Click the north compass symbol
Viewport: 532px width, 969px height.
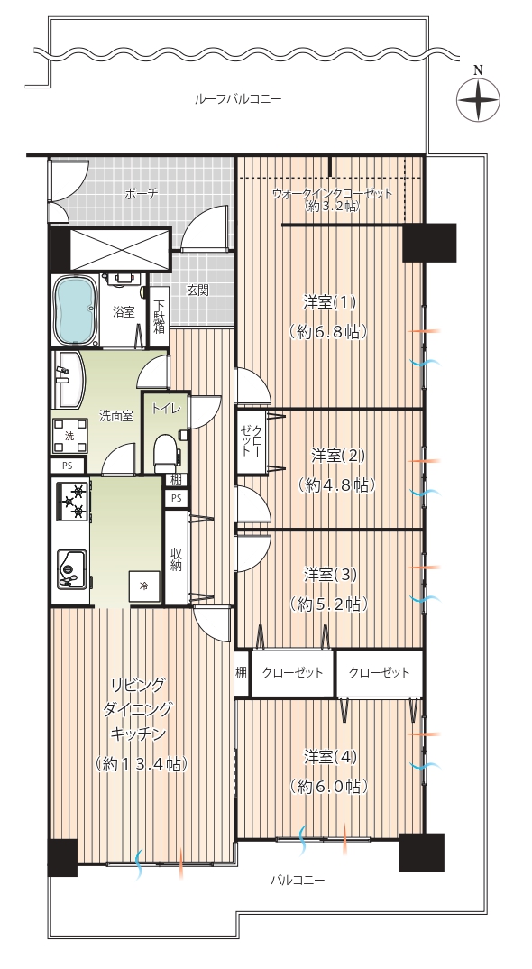click(478, 99)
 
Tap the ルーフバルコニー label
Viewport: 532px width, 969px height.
click(238, 99)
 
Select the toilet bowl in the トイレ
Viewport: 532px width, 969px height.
click(166, 452)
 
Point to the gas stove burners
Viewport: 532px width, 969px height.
click(73, 501)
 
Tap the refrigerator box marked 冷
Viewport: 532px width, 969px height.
click(144, 586)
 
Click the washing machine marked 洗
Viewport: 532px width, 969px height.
click(69, 436)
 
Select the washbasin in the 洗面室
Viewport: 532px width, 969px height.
click(68, 380)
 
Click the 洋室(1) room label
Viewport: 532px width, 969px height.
click(329, 302)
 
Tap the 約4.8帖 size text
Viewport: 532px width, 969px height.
click(336, 485)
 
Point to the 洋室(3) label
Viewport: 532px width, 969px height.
click(331, 574)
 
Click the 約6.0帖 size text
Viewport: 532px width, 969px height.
click(329, 786)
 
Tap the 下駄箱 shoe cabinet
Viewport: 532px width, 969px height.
click(160, 317)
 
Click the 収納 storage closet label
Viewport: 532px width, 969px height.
click(176, 558)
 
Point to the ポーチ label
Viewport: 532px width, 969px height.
click(141, 194)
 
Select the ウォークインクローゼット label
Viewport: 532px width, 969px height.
click(333, 194)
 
